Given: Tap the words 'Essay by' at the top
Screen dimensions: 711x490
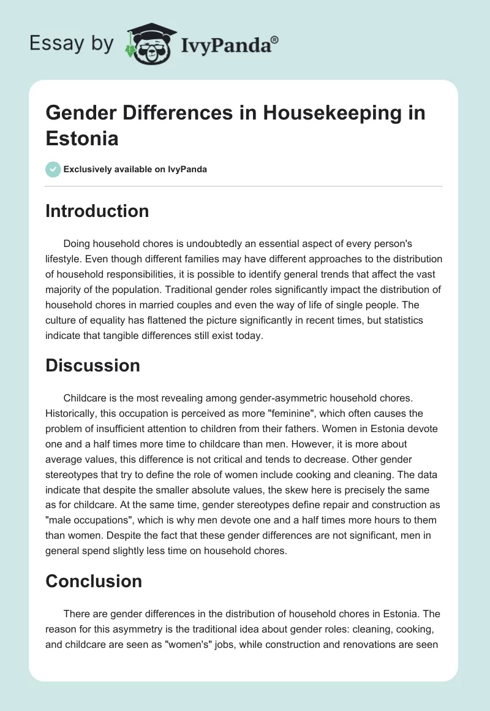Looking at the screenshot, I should [72, 45].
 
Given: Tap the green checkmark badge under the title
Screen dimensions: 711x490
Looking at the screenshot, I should [53, 169].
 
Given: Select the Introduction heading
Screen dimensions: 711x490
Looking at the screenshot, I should [97, 211].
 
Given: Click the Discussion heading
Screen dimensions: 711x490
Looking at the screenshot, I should [92, 365].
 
